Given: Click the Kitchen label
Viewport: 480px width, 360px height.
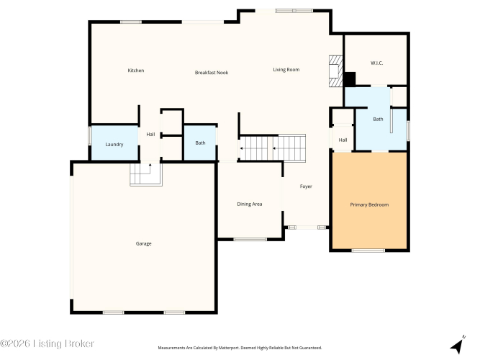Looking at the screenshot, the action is point(135,71).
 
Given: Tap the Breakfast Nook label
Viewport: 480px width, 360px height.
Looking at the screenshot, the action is point(212,73).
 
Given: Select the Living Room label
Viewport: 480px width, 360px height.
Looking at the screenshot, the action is point(286,70).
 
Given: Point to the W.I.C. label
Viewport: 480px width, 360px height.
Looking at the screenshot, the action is point(376,63).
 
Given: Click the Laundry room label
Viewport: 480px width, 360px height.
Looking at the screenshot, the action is point(114,144).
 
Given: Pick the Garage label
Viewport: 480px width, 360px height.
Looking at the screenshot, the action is point(144,243).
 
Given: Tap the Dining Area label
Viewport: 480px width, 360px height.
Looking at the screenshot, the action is point(250,204).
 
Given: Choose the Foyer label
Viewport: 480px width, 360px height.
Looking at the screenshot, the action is point(306,186).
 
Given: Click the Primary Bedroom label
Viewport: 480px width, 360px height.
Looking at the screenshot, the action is point(369,204).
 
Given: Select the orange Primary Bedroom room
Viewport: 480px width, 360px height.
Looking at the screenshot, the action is point(369,201).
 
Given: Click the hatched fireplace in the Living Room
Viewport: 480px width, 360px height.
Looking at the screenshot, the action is point(335,71).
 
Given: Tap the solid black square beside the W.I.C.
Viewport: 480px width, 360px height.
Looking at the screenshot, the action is point(349,79).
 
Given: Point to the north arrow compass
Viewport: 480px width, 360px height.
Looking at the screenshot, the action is point(458,346).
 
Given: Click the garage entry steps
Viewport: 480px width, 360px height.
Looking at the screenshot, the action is point(146,174).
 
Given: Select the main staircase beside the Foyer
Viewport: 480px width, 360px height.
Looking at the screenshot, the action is point(273,148).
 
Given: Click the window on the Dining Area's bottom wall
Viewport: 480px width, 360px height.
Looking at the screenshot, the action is point(250,239).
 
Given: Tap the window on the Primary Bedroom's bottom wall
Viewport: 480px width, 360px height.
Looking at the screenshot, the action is point(368,251).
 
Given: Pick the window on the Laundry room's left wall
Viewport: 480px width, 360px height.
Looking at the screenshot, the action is point(90,136).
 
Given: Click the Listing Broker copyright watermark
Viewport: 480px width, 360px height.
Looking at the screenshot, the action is point(47,343).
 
